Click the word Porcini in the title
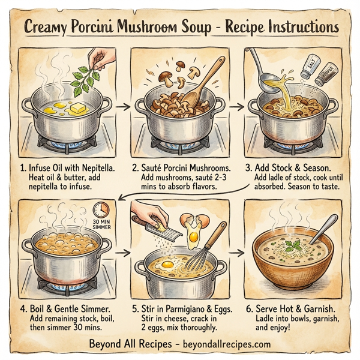(119, 28)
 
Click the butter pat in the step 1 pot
(79, 109)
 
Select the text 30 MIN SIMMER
(101, 226)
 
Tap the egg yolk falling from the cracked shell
(193, 237)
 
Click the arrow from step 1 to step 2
(122, 107)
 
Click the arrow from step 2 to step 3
(236, 107)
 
